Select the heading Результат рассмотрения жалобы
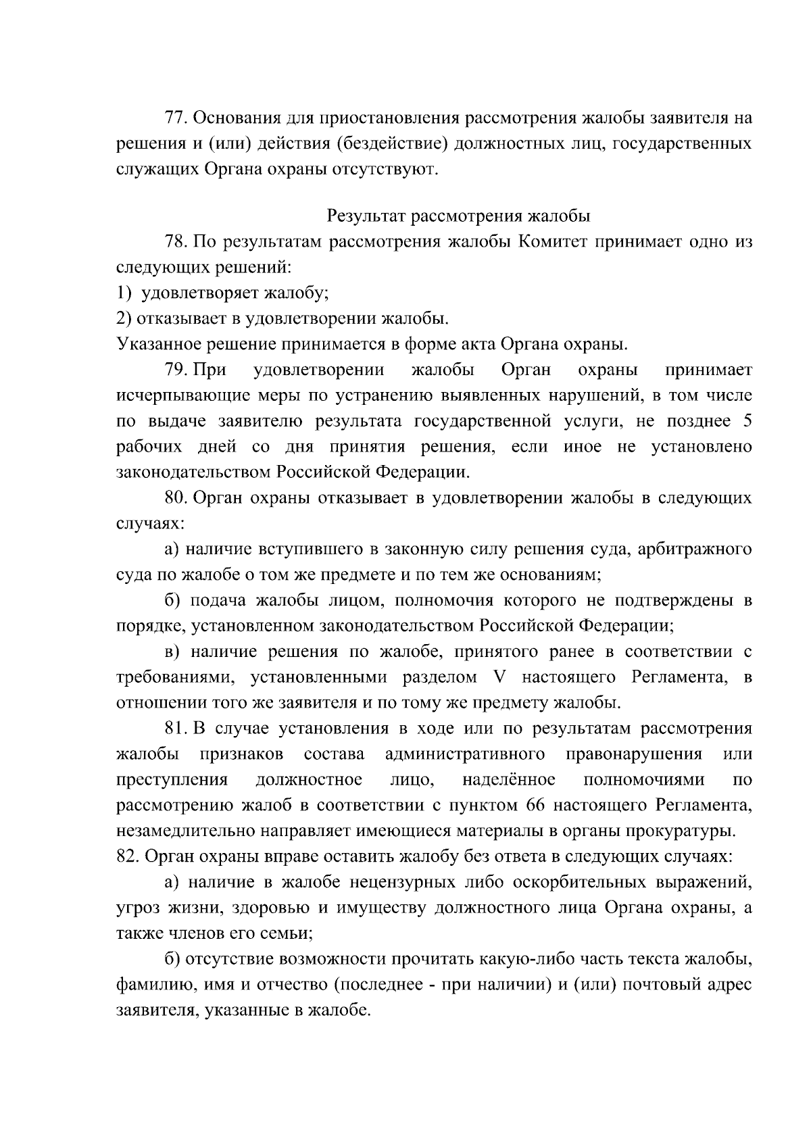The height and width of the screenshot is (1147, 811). tap(458, 216)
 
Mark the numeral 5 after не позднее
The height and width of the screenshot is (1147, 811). tap(747, 422)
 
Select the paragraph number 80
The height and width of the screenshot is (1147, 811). tap(176, 499)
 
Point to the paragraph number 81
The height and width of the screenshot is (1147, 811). tap(176, 729)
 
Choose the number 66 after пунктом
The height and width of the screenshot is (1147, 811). tap(531, 806)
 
